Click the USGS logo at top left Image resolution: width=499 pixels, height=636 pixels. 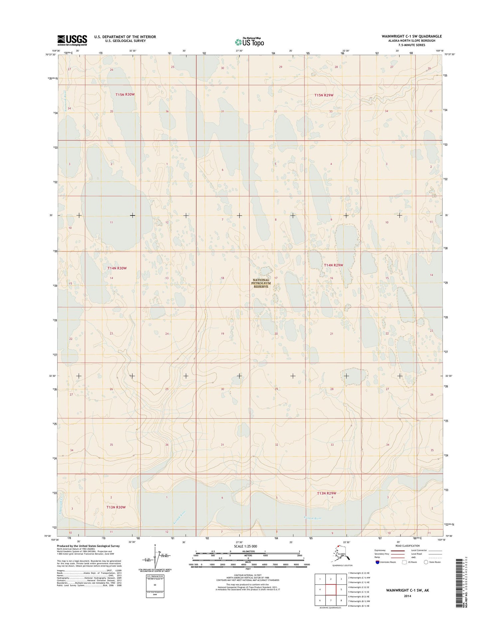click(72, 40)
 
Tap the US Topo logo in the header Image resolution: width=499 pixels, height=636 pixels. click(249, 42)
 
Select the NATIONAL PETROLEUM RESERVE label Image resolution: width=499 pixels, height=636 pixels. click(261, 283)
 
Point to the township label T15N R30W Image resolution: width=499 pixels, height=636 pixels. click(125, 94)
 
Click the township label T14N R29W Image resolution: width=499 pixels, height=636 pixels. click(333, 265)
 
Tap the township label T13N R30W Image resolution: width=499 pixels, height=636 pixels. click(116, 507)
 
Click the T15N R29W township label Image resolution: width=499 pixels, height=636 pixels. click(324, 95)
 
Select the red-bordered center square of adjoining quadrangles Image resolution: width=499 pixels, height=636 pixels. click(331, 590)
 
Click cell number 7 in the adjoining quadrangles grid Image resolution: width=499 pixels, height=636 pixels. click(331, 600)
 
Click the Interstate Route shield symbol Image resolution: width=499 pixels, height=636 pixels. click(377, 562)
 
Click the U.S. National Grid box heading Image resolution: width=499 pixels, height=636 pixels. click(155, 576)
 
